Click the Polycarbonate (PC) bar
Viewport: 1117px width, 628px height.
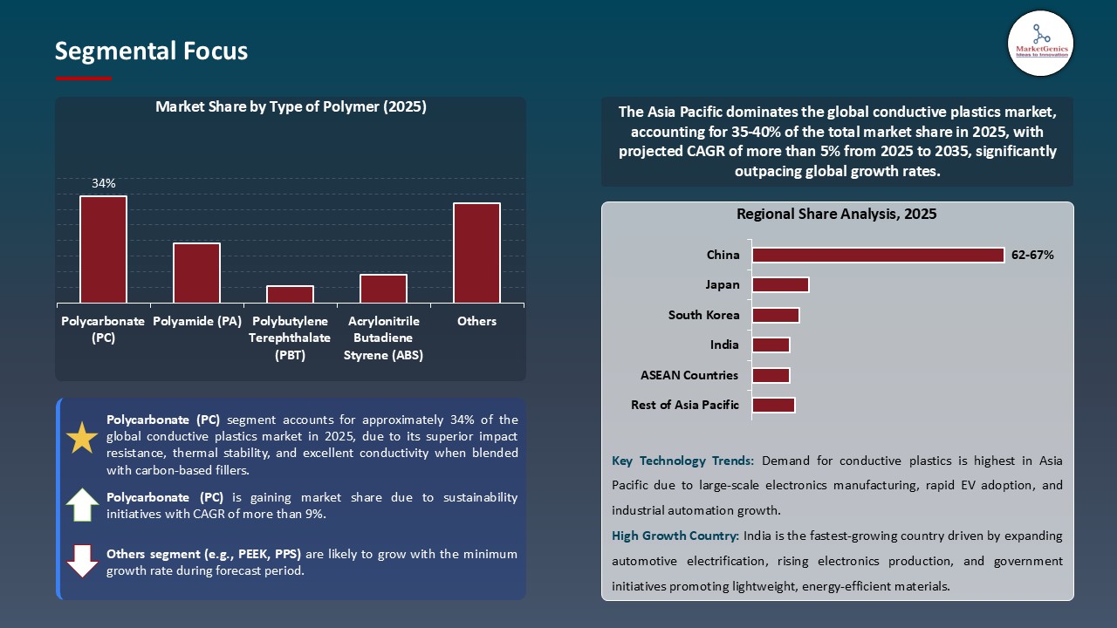(x=103, y=249)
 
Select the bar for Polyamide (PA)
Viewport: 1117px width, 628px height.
(x=196, y=273)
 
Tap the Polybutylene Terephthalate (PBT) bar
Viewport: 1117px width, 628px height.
(x=290, y=295)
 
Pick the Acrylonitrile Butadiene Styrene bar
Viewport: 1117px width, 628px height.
(x=383, y=289)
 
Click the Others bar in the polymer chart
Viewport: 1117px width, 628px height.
(x=476, y=253)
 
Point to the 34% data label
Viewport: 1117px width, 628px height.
(x=103, y=184)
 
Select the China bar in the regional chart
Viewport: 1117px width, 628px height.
(x=878, y=255)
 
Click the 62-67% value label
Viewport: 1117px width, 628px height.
(x=1033, y=256)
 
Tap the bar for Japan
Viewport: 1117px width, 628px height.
(x=780, y=284)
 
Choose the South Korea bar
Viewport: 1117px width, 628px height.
(x=776, y=315)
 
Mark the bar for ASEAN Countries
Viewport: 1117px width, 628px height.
(x=771, y=375)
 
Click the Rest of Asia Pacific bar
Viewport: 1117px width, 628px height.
(x=773, y=405)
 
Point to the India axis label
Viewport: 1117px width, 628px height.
(x=724, y=345)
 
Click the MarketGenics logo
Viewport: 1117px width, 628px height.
(x=1040, y=43)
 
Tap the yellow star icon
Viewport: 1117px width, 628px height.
(x=82, y=437)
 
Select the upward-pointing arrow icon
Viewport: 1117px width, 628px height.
(x=82, y=505)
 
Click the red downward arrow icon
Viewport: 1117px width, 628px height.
(x=82, y=561)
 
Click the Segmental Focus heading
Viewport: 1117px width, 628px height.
(x=151, y=51)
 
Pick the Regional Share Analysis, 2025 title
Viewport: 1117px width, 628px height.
(x=836, y=214)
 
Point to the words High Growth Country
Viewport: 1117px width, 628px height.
(x=675, y=536)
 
